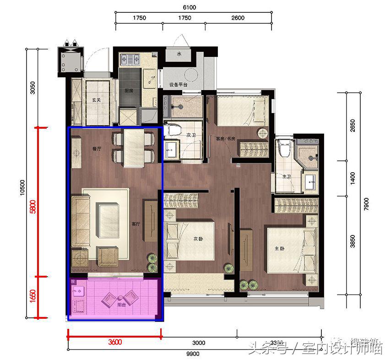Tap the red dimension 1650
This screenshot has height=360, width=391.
click(32, 296)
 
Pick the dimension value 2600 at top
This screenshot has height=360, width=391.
click(238, 18)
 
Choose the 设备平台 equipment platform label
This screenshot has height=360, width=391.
click(179, 84)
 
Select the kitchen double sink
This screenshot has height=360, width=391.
click(130, 59)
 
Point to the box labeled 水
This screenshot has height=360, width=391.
click(179, 54)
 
